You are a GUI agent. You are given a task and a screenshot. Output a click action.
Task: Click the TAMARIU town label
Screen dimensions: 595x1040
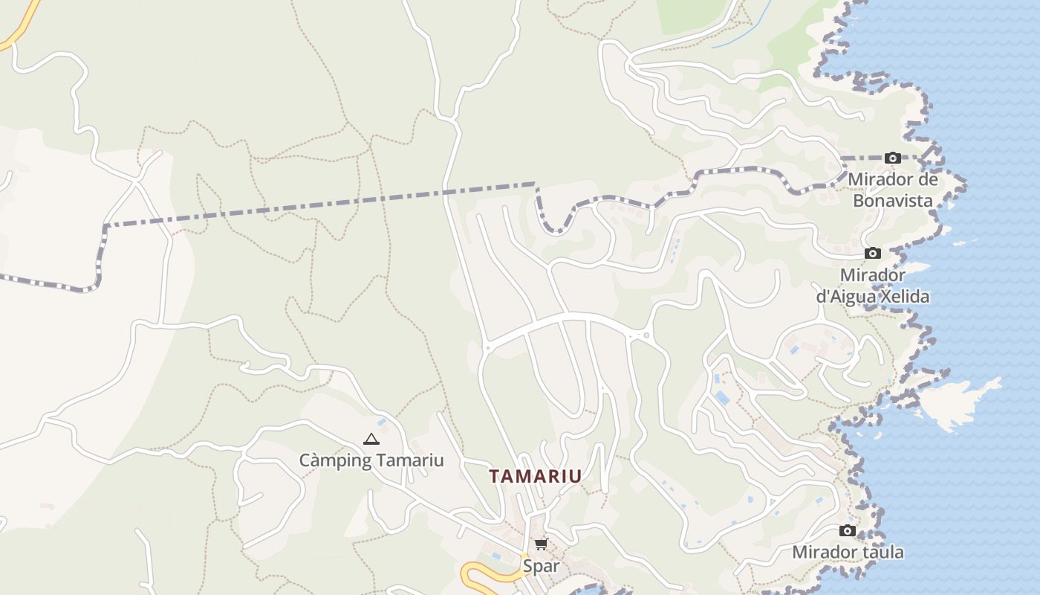point(535,476)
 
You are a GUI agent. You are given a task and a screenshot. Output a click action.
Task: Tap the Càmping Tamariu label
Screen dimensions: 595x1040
point(371,460)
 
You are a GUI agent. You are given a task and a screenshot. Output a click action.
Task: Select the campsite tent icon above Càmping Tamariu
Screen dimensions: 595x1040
point(371,439)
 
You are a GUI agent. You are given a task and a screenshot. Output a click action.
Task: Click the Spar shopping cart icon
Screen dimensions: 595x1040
point(541,544)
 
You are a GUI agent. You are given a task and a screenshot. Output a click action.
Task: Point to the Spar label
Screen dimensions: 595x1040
point(541,566)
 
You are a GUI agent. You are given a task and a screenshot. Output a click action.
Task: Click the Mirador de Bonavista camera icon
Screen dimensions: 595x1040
point(893,158)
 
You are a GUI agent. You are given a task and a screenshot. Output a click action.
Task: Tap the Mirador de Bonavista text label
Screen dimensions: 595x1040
point(893,190)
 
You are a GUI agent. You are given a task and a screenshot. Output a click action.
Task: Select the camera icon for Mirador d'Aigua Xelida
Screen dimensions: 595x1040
point(873,254)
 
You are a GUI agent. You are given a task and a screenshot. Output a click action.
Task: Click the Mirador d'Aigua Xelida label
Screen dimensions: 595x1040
point(873,286)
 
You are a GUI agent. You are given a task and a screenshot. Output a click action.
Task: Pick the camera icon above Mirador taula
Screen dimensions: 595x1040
point(848,530)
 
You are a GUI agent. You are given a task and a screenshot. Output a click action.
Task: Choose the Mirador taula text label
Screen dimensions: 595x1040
point(848,552)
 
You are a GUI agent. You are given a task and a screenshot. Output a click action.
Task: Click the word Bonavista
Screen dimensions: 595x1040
point(893,201)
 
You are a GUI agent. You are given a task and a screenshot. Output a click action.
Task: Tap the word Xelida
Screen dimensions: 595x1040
point(904,297)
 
